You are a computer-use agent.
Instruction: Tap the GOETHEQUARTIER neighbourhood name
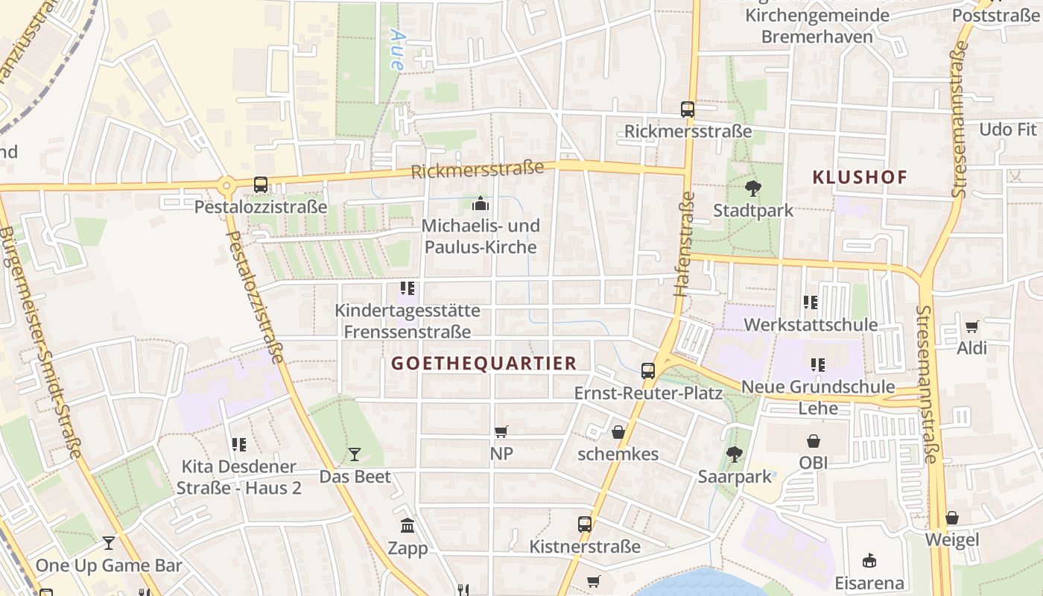tap(484, 363)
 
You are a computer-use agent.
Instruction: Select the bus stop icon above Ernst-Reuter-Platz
tap(648, 370)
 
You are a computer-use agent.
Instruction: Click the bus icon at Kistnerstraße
tap(585, 524)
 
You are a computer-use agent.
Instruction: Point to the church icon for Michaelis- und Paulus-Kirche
tap(481, 203)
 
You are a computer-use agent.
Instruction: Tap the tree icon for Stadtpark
tap(753, 188)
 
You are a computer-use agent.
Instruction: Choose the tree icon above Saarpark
tap(735, 454)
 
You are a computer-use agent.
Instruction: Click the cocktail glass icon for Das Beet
tap(355, 454)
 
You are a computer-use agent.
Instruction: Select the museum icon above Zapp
tap(408, 526)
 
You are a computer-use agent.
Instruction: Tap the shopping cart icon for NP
tap(501, 431)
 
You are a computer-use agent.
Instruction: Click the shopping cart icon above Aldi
tap(971, 326)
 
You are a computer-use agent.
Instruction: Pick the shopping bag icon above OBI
tap(814, 441)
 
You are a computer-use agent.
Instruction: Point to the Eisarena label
tap(869, 583)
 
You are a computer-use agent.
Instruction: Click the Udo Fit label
tap(1007, 130)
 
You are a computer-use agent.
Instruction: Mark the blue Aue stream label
tap(396, 49)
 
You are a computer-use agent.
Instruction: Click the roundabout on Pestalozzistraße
tap(226, 184)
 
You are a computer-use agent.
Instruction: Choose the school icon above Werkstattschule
tap(811, 302)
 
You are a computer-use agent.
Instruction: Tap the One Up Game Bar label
tap(109, 565)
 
